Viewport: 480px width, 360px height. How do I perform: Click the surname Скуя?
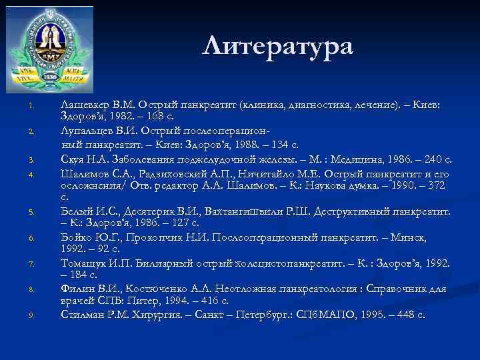click(x=72, y=159)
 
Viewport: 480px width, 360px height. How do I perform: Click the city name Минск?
click(x=432, y=237)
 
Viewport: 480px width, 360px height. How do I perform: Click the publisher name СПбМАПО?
click(x=326, y=315)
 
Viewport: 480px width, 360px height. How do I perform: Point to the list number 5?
click(x=31, y=213)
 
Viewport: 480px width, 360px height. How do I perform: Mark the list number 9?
click(x=31, y=316)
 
